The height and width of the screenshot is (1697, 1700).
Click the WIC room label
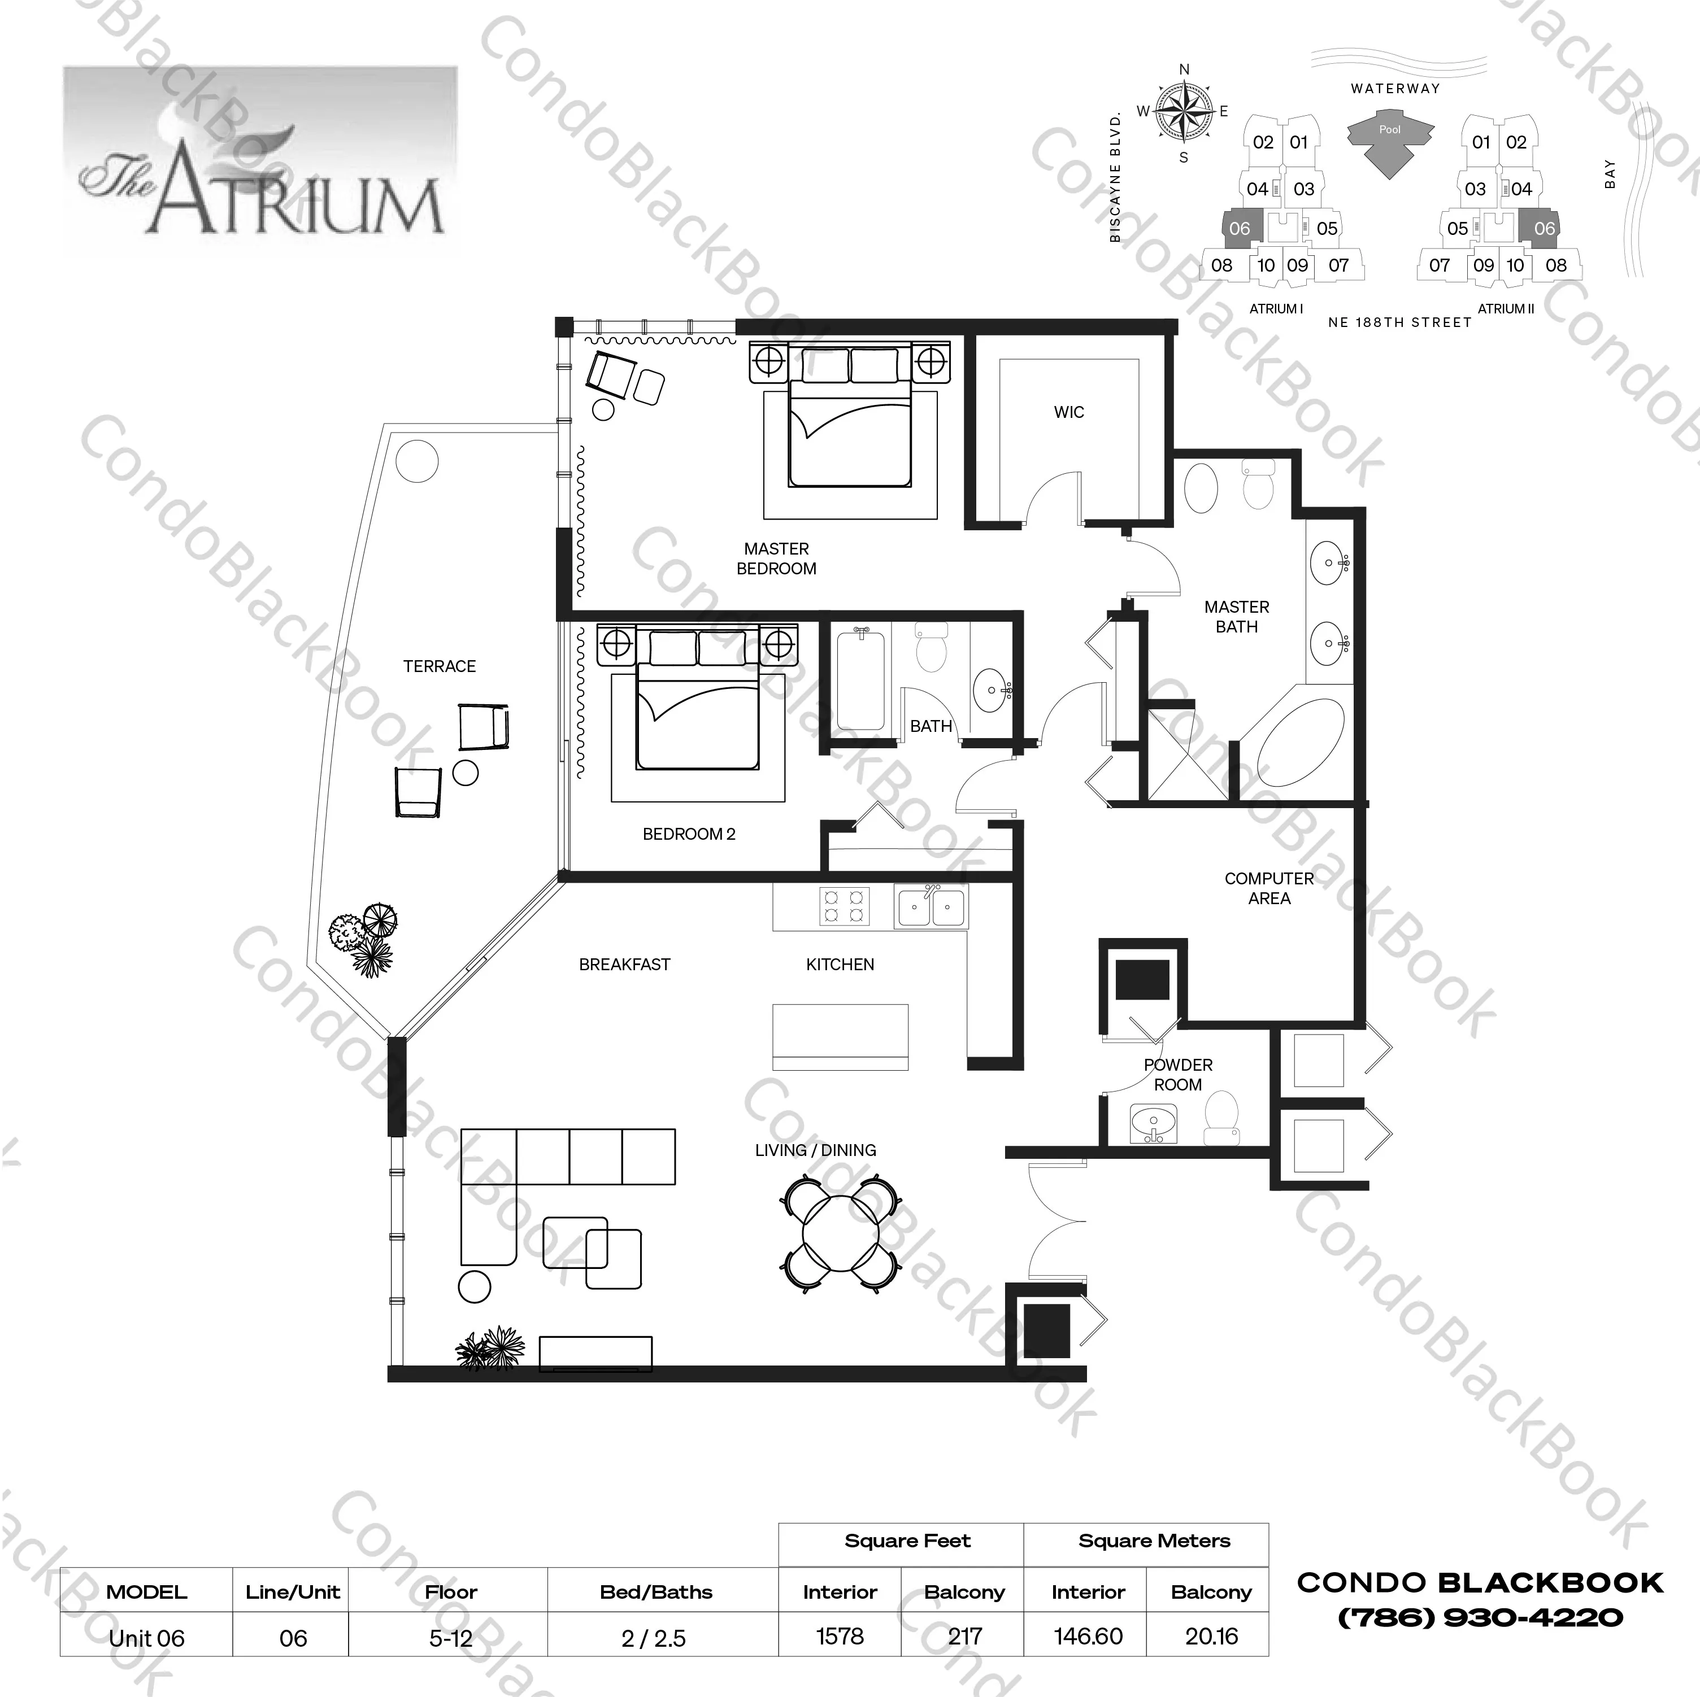click(x=1068, y=412)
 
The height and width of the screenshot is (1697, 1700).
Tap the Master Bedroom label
click(x=776, y=559)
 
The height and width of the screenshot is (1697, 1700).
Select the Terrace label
click(x=439, y=666)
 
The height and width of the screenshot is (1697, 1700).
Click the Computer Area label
click(x=1269, y=888)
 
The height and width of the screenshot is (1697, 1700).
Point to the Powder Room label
click(x=1177, y=1074)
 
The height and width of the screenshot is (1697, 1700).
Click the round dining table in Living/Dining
click(x=840, y=1236)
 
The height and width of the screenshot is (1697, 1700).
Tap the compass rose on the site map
click(x=1184, y=111)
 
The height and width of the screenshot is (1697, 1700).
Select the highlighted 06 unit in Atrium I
click(x=1240, y=228)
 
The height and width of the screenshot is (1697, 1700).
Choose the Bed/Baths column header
click(x=655, y=1591)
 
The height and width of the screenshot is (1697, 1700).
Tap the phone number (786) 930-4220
click(x=1480, y=1617)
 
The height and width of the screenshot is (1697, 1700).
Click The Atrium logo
click(x=260, y=161)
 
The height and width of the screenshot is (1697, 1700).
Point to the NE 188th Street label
click(x=1399, y=323)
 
